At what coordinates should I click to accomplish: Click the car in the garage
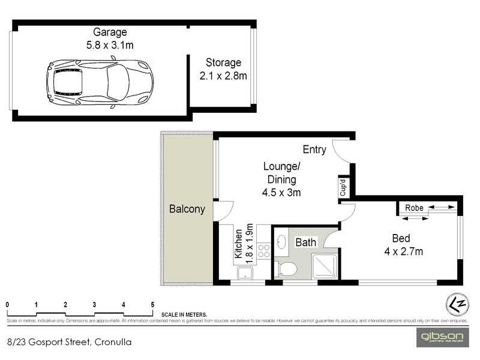pos(99,83)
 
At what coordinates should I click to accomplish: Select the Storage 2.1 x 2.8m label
pos(223,69)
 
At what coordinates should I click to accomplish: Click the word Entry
pos(314,149)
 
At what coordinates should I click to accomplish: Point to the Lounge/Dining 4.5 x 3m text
pos(281,179)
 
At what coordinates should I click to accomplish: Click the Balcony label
pos(187,209)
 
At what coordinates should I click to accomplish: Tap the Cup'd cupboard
pos(343,187)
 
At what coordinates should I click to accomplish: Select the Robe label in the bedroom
pos(414,208)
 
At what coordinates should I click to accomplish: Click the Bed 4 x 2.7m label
pos(403,245)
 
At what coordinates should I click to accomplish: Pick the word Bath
pos(305,242)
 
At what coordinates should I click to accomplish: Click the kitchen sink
pos(245,273)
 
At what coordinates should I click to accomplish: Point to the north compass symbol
pos(457,304)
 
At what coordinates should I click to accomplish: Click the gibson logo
pos(441,337)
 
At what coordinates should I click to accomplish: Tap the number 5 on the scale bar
pos(152,304)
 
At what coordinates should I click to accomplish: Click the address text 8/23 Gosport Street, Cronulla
pos(68,343)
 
